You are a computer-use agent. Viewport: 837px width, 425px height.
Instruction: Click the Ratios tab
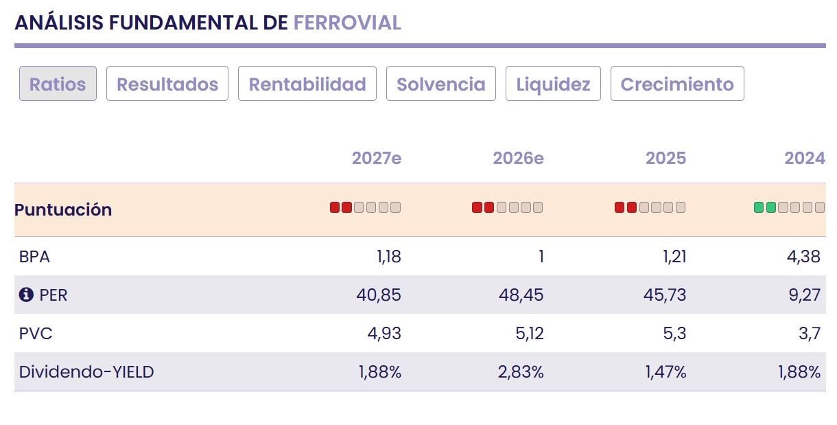pyautogui.click(x=58, y=83)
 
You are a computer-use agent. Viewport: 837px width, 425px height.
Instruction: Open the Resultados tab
pyautogui.click(x=167, y=83)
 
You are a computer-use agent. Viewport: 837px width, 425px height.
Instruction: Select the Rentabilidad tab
pyautogui.click(x=307, y=83)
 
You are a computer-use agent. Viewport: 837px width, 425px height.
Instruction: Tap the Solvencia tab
pyautogui.click(x=441, y=83)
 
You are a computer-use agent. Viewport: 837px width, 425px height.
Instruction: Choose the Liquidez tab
pyautogui.click(x=553, y=83)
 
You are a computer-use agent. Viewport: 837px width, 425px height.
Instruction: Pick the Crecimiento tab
pyautogui.click(x=677, y=83)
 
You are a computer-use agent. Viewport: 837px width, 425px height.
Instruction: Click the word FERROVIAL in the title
pyautogui.click(x=347, y=23)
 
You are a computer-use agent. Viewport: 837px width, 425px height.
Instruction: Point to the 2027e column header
pyautogui.click(x=377, y=158)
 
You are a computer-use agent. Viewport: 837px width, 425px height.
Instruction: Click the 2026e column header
pyautogui.click(x=518, y=158)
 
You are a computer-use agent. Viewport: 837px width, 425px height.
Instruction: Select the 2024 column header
pyautogui.click(x=805, y=158)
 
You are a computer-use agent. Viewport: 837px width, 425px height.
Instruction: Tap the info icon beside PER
pyautogui.click(x=26, y=295)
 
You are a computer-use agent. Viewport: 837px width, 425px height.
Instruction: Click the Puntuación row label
pyautogui.click(x=63, y=209)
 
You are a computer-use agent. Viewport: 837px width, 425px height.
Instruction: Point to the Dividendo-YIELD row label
pyautogui.click(x=86, y=372)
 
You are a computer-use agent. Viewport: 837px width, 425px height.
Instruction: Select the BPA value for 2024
pyautogui.click(x=803, y=257)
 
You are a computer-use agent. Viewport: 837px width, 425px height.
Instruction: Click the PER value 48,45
pyautogui.click(x=521, y=295)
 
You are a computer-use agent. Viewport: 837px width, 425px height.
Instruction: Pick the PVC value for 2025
pyautogui.click(x=674, y=333)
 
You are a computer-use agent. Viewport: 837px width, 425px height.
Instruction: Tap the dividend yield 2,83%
pyautogui.click(x=521, y=372)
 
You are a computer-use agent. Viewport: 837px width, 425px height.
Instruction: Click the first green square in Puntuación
pyautogui.click(x=759, y=207)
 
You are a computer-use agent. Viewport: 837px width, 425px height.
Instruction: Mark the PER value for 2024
pyautogui.click(x=805, y=295)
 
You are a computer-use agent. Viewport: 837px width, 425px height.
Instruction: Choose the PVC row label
pyautogui.click(x=36, y=334)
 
